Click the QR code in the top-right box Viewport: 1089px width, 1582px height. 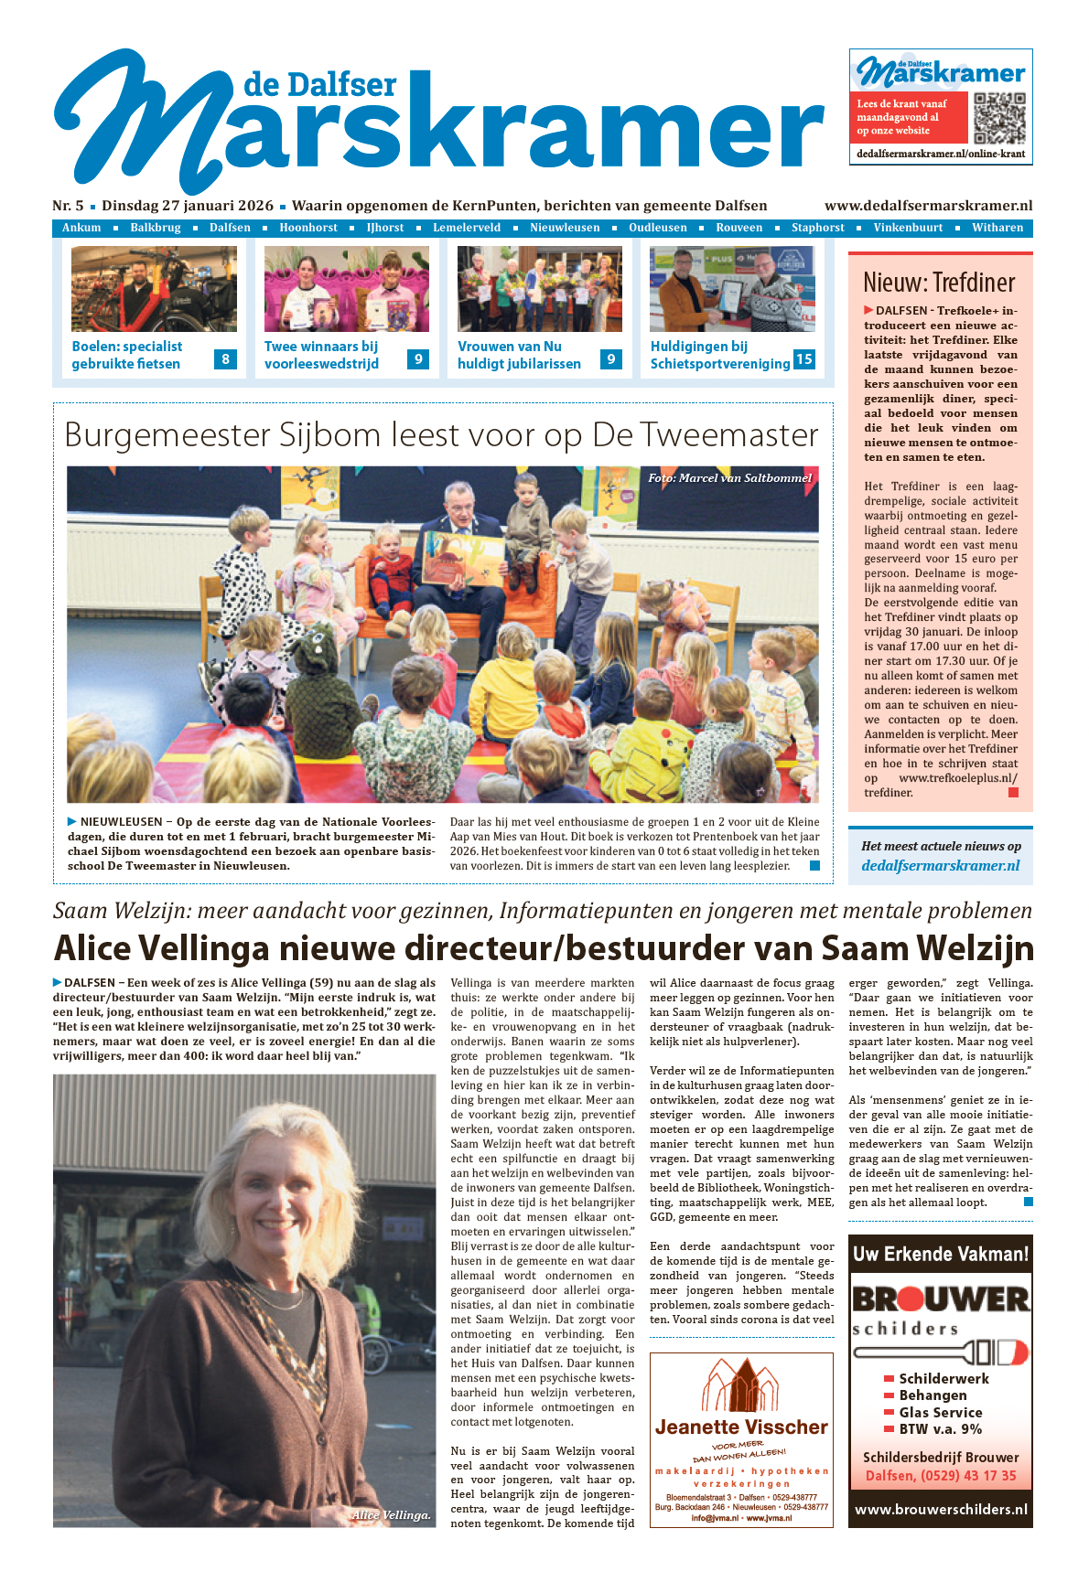point(999,118)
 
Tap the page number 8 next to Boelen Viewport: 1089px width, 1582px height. point(225,358)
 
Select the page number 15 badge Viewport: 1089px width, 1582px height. point(803,358)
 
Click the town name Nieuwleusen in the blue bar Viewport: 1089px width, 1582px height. point(565,228)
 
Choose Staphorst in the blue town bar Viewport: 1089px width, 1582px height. point(817,228)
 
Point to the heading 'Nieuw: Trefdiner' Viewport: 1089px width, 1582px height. point(939,282)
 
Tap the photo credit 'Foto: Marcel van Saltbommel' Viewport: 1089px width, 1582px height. point(729,477)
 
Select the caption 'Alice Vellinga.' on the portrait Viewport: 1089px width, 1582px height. point(391,1514)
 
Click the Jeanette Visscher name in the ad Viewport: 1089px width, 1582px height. point(741,1427)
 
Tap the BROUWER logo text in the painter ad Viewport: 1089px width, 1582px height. point(941,1299)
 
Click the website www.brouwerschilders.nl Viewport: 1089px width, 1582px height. point(941,1510)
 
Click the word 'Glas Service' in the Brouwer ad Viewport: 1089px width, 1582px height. point(940,1412)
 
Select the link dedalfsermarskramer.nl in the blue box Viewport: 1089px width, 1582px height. point(940,865)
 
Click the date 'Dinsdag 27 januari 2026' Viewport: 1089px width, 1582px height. point(188,206)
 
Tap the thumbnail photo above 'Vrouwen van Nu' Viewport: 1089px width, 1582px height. point(539,289)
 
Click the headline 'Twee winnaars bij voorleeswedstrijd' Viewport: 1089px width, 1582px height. point(321,355)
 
